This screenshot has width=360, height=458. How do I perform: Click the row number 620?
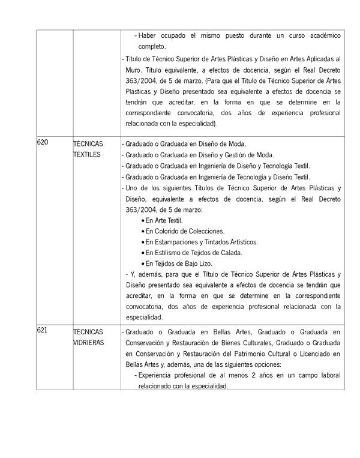coord(42,143)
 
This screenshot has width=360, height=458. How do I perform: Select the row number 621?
coord(42,331)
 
